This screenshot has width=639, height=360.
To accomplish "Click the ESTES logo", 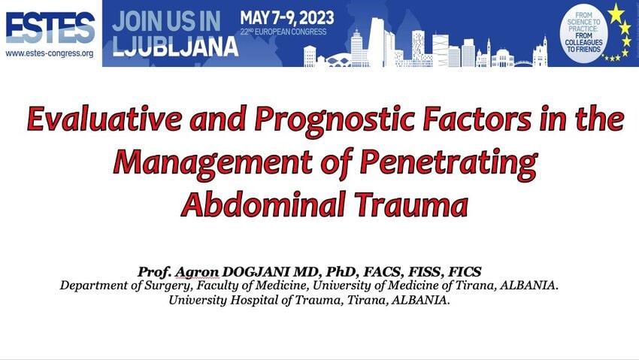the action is (50, 27).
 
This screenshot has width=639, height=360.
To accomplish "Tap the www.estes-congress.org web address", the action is (50, 53).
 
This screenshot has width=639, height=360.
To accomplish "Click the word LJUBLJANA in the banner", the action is (175, 46).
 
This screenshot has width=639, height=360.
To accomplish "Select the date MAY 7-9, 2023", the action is (287, 18).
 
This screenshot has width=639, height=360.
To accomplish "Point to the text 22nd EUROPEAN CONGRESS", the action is (283, 32).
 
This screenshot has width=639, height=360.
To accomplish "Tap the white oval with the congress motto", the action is (583, 32).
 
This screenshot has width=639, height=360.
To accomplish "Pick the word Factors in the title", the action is (477, 119).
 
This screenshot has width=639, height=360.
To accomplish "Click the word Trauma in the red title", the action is (410, 204).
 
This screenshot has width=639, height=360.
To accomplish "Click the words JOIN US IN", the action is (166, 21).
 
